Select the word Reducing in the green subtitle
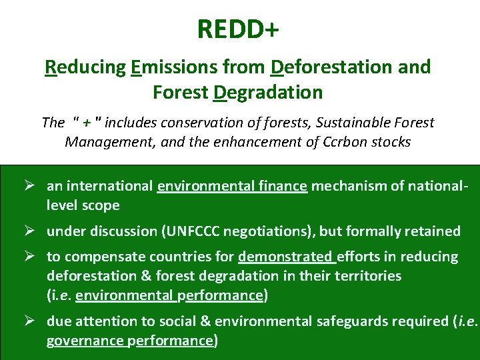pyautogui.click(x=85, y=67)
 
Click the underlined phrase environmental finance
pyautogui.click(x=232, y=186)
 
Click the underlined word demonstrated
pyautogui.click(x=286, y=257)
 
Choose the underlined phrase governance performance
pyautogui.click(x=129, y=341)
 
